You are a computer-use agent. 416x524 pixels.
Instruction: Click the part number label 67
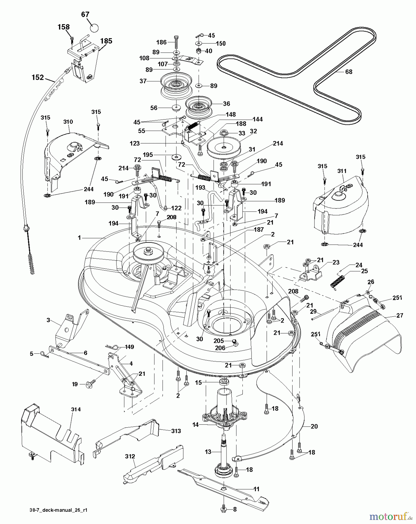[85, 14]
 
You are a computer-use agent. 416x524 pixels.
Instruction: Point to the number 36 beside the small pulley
[226, 104]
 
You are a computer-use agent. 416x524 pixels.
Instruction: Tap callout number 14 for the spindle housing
[195, 425]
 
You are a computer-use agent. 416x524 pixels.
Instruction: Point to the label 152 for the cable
[38, 77]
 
